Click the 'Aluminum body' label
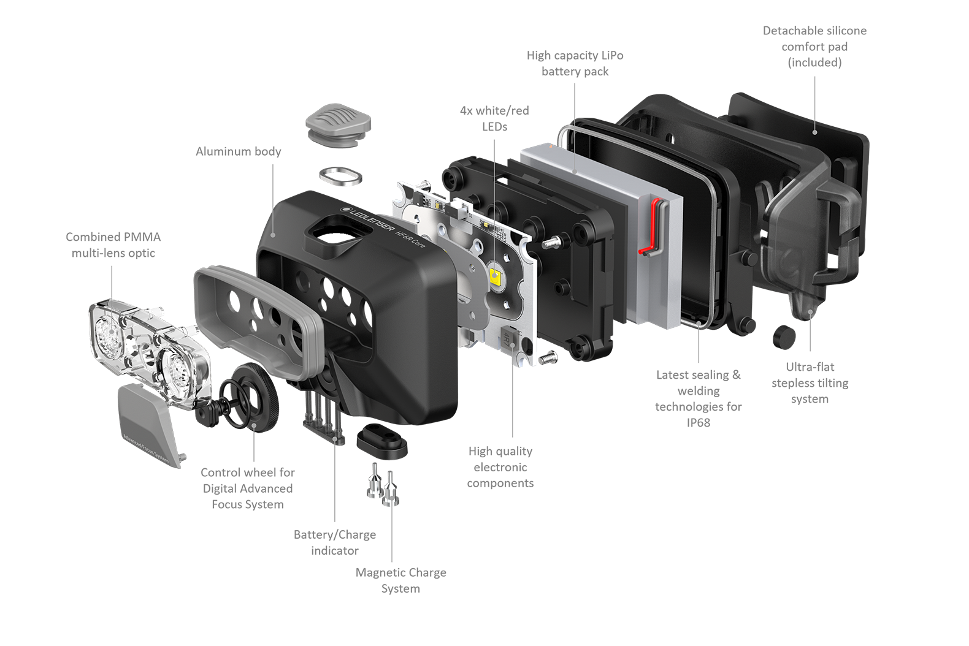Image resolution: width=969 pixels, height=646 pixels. (x=239, y=151)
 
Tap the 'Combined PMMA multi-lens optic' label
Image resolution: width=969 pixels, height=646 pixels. (x=113, y=245)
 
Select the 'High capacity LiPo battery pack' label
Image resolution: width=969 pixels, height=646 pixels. (x=575, y=63)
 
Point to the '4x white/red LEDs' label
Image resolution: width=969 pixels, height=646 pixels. (x=494, y=118)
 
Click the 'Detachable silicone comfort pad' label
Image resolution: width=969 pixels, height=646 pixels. (x=814, y=46)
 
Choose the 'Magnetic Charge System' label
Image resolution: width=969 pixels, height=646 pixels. (x=400, y=580)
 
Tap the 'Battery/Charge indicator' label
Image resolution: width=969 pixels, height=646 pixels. (x=335, y=542)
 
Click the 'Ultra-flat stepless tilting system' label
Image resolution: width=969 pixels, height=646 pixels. (x=810, y=382)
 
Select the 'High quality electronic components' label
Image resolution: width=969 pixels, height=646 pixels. (x=500, y=467)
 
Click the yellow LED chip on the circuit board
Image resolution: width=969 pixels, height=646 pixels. (x=496, y=275)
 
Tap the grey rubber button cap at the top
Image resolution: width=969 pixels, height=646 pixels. (x=339, y=124)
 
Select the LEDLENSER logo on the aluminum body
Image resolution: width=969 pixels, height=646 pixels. (x=367, y=219)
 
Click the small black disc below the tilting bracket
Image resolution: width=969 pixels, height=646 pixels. (x=784, y=337)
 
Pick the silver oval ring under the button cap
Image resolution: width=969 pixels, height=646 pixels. (x=341, y=177)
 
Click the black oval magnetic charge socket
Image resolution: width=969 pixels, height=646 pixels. (x=382, y=441)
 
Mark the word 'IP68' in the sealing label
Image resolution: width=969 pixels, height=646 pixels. (x=698, y=422)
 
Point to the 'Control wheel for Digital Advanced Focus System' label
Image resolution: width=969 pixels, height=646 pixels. (x=248, y=488)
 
